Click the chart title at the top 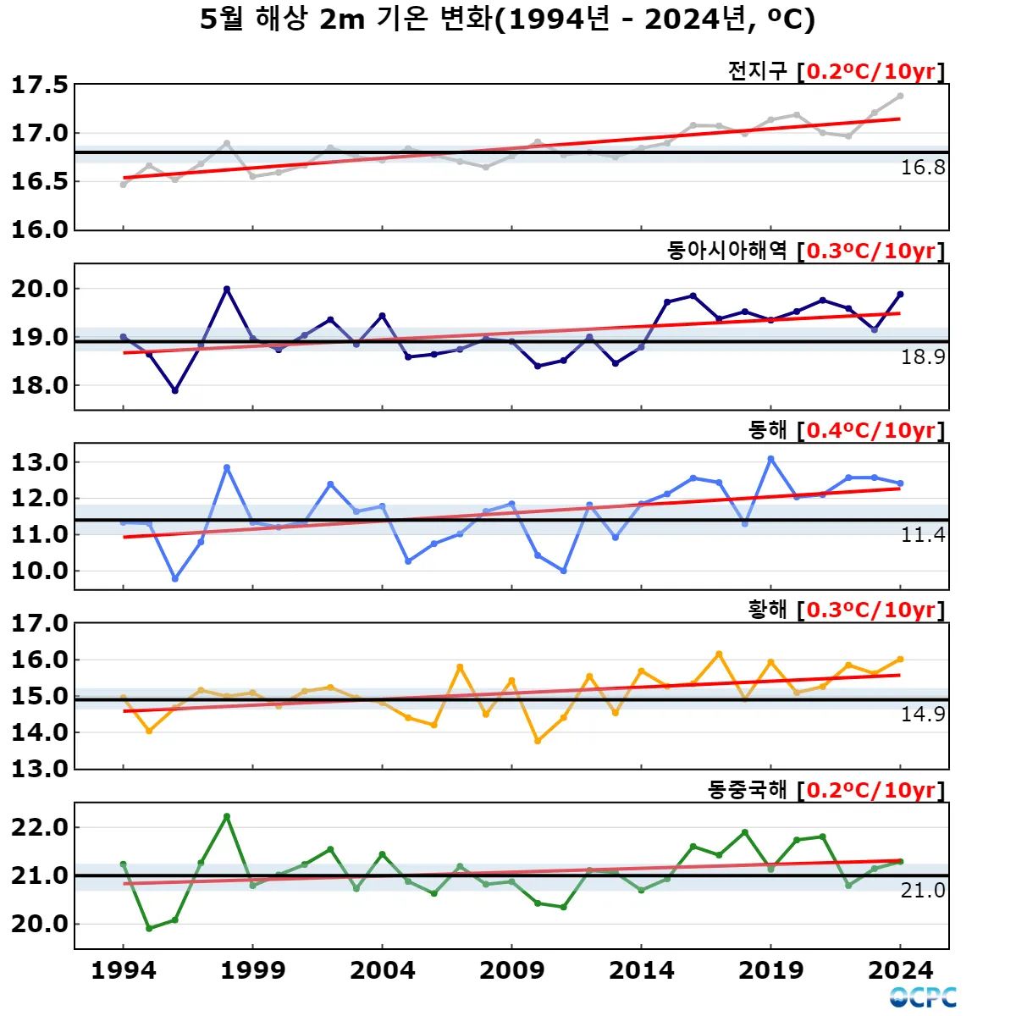click(507, 19)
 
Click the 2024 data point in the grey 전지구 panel click(900, 97)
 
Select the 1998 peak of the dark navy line click(227, 290)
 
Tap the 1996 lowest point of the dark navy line click(175, 390)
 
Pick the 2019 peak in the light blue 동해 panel click(770, 459)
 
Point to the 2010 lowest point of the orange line click(538, 741)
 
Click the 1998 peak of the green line click(227, 817)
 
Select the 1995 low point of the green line click(149, 928)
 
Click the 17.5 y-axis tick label click(39, 85)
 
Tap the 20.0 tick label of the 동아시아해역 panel click(39, 289)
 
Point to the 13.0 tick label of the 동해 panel click(39, 462)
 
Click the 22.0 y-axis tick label click(39, 827)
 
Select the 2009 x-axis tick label click(511, 970)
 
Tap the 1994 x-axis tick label click(124, 970)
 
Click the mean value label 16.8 click(922, 168)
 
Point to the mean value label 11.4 click(922, 535)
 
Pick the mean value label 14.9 click(922, 715)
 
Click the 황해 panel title click(767, 610)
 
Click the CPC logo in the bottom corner click(923, 997)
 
